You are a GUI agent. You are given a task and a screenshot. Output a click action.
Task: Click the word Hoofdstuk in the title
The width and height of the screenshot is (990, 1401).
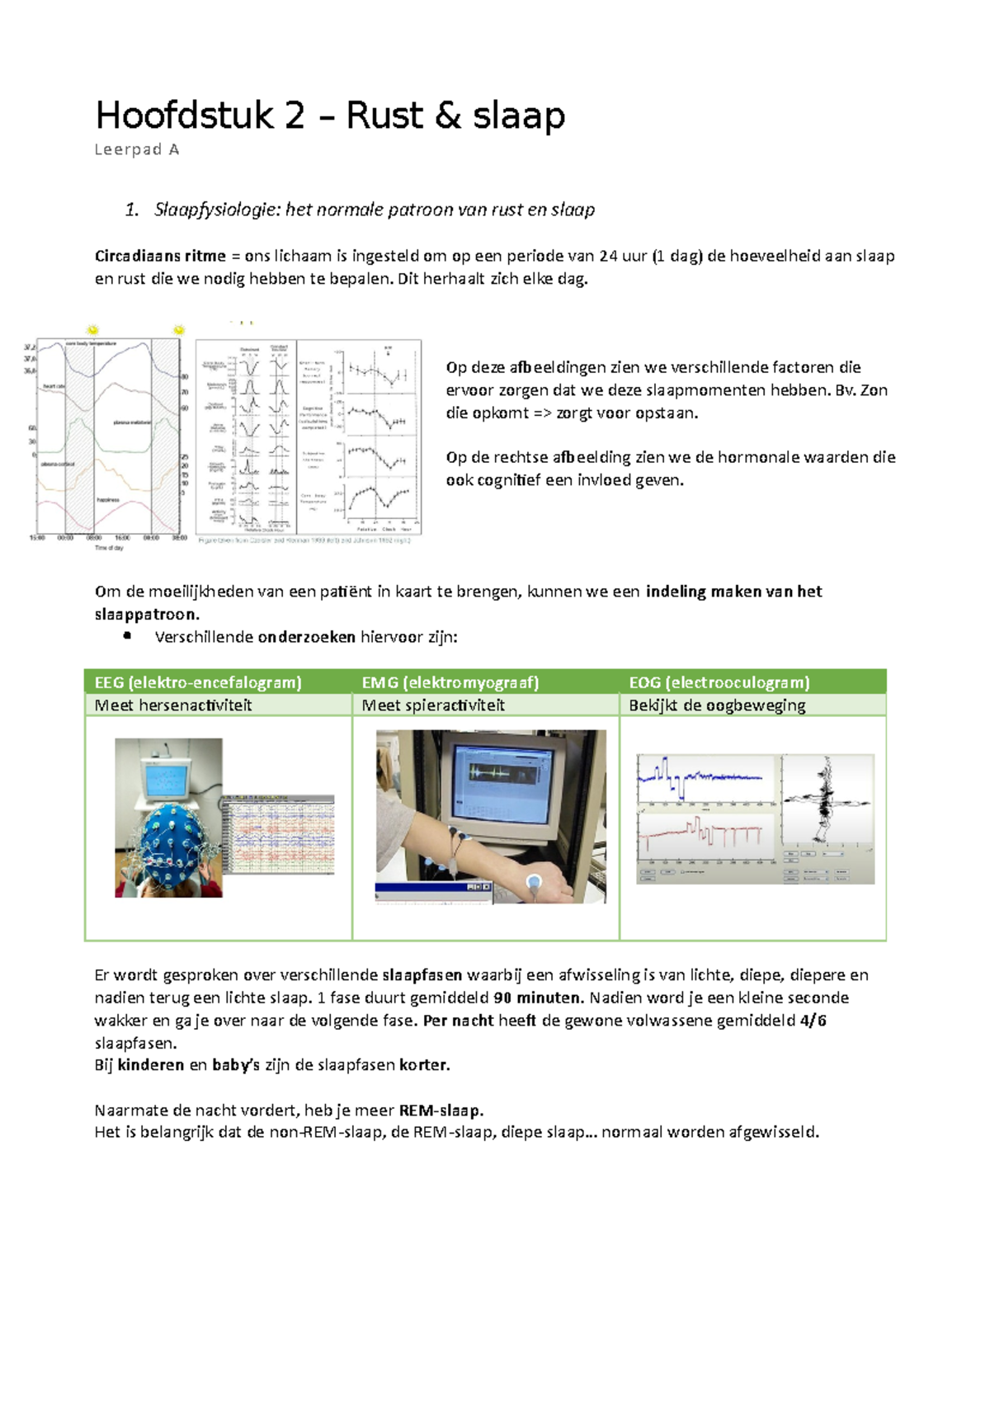coord(183,116)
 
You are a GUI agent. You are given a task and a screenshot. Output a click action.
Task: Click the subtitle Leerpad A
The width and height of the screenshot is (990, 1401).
coord(136,150)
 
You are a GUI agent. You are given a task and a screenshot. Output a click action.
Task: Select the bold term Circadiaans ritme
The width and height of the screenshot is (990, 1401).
coord(160,256)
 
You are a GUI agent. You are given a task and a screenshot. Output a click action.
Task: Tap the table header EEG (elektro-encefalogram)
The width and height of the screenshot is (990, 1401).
coord(198,682)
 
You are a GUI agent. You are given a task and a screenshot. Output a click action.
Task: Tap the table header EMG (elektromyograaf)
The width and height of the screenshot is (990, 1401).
coord(450,682)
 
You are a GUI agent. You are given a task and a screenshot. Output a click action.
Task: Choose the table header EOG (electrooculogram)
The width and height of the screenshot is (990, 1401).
coord(719,682)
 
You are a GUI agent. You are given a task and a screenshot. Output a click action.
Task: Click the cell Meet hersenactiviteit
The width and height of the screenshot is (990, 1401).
coord(173,705)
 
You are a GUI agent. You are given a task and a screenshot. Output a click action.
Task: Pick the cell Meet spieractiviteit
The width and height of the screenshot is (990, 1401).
coord(433,705)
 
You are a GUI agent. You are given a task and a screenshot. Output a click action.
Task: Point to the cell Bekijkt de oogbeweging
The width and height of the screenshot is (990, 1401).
coord(717,705)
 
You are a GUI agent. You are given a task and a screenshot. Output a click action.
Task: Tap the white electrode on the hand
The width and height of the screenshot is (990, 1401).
coord(534,881)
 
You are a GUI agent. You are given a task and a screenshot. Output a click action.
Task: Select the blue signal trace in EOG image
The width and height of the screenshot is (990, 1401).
coord(701,776)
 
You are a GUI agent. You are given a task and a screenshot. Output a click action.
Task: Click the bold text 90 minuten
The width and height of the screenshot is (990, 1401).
coord(538,998)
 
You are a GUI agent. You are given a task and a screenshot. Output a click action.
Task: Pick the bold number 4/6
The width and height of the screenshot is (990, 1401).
coord(813,1021)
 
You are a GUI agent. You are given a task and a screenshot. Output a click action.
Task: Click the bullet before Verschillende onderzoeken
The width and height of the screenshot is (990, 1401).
coord(127,636)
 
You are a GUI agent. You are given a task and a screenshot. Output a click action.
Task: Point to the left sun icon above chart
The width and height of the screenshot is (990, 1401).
coord(92,329)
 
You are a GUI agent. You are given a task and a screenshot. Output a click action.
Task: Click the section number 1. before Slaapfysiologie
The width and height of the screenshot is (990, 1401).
coord(132,210)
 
